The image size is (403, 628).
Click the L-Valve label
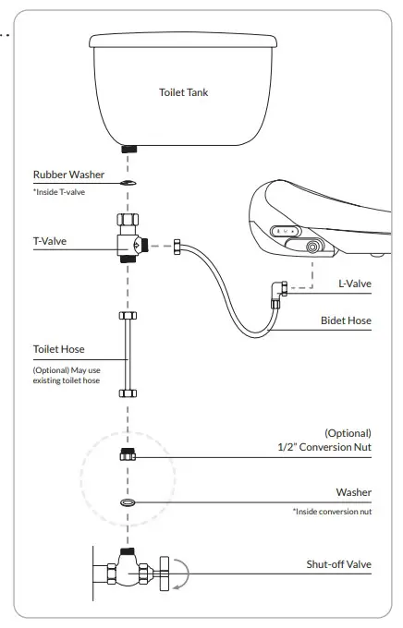click(x=354, y=283)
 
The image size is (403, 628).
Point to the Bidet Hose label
click(x=346, y=321)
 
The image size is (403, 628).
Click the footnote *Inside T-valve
click(x=58, y=190)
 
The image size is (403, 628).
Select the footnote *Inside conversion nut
click(x=332, y=512)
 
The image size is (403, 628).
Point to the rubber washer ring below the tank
click(x=129, y=183)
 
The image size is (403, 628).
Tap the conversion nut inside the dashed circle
click(x=129, y=455)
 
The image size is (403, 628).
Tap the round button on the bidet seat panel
click(x=314, y=248)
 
